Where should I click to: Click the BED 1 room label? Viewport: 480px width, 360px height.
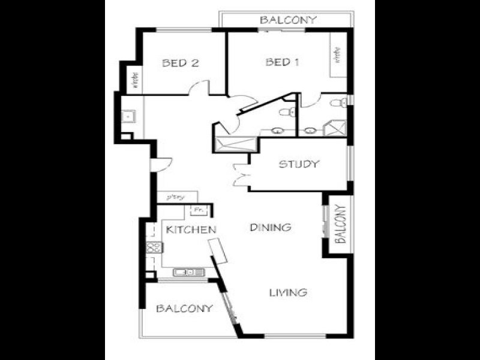click(282, 62)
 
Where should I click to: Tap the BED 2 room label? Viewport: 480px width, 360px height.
click(180, 62)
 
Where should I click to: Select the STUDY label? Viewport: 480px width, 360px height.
click(298, 164)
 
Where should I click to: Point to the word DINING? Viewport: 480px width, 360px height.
click(271, 227)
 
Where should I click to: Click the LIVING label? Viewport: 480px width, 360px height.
click(288, 293)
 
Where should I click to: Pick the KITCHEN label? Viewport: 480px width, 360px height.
click(191, 229)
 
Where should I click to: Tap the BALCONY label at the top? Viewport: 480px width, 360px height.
click(287, 20)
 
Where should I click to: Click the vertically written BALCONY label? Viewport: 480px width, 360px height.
click(340, 224)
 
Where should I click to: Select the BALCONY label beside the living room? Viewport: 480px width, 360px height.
click(184, 308)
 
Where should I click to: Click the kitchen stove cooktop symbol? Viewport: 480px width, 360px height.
click(152, 247)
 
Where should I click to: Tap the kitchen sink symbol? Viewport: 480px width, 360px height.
click(188, 272)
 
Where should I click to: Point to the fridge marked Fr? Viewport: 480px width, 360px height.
click(199, 210)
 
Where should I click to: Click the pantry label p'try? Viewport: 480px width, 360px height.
click(173, 197)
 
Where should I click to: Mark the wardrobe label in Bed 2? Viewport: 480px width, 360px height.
click(134, 83)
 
